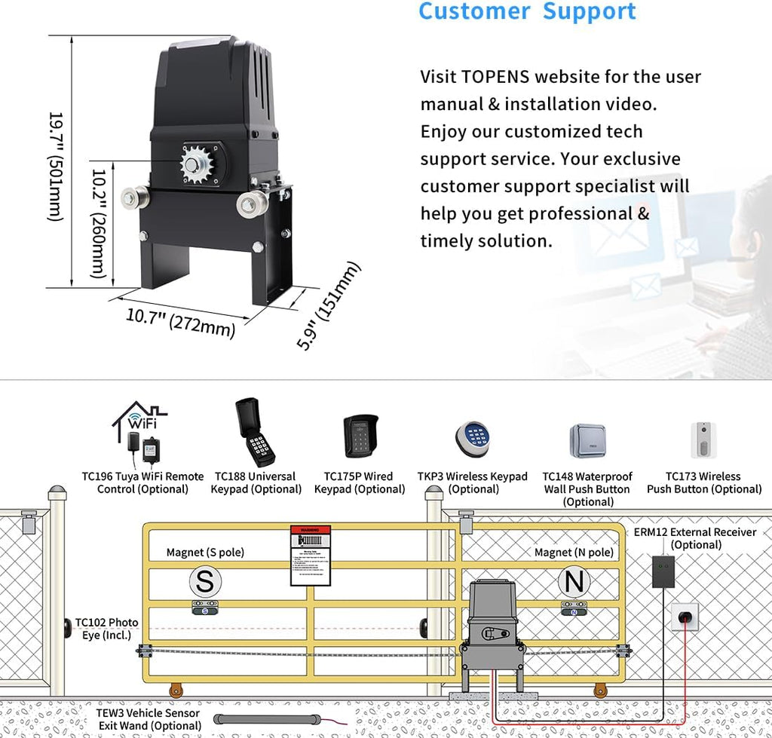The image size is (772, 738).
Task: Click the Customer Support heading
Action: (x=527, y=12)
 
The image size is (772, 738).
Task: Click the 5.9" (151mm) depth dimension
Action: (x=329, y=305)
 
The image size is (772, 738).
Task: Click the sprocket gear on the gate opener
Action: (x=198, y=164)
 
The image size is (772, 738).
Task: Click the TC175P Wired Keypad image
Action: (x=360, y=436)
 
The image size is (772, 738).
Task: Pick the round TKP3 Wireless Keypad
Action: (x=473, y=437)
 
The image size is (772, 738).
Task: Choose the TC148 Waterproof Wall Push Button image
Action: (x=587, y=441)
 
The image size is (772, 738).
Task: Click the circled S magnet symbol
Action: (x=204, y=582)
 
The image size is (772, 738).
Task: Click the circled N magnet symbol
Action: (x=574, y=582)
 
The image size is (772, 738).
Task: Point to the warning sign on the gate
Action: (x=311, y=556)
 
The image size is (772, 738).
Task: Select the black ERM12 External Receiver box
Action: (x=663, y=571)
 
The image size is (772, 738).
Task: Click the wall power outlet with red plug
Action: (x=685, y=617)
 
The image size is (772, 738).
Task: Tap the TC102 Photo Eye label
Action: (x=106, y=629)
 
